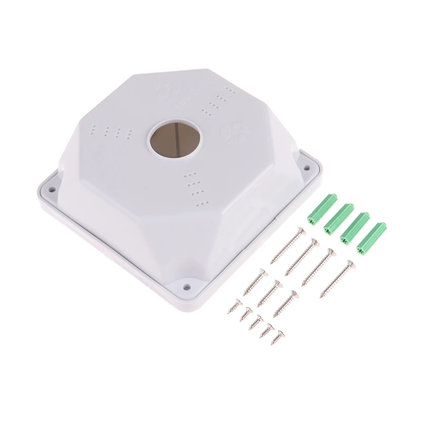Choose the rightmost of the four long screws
[x=338, y=279]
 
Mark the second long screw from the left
[x=302, y=256]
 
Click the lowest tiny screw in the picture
[x=277, y=338]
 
